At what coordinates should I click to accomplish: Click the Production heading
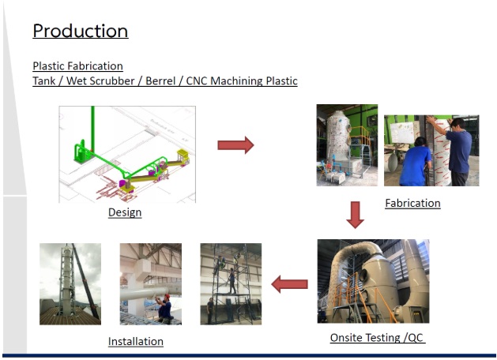tap(80, 32)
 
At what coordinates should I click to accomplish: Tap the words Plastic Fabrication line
tap(77, 66)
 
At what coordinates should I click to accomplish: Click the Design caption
tap(125, 212)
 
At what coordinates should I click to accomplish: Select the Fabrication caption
tap(412, 203)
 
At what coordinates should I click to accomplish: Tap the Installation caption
tap(136, 341)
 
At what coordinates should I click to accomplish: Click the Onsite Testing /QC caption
tap(378, 338)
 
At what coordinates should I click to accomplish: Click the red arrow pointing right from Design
tap(235, 144)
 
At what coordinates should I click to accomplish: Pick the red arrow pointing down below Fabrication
tap(356, 215)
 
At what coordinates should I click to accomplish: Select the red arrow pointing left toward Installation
tap(289, 283)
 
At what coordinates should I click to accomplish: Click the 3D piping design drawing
tap(126, 154)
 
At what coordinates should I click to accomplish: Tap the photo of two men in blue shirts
tap(431, 150)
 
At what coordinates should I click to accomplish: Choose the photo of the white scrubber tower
tap(347, 145)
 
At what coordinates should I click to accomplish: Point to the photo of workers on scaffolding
tap(231, 283)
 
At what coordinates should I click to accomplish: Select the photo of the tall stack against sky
tap(70, 283)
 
